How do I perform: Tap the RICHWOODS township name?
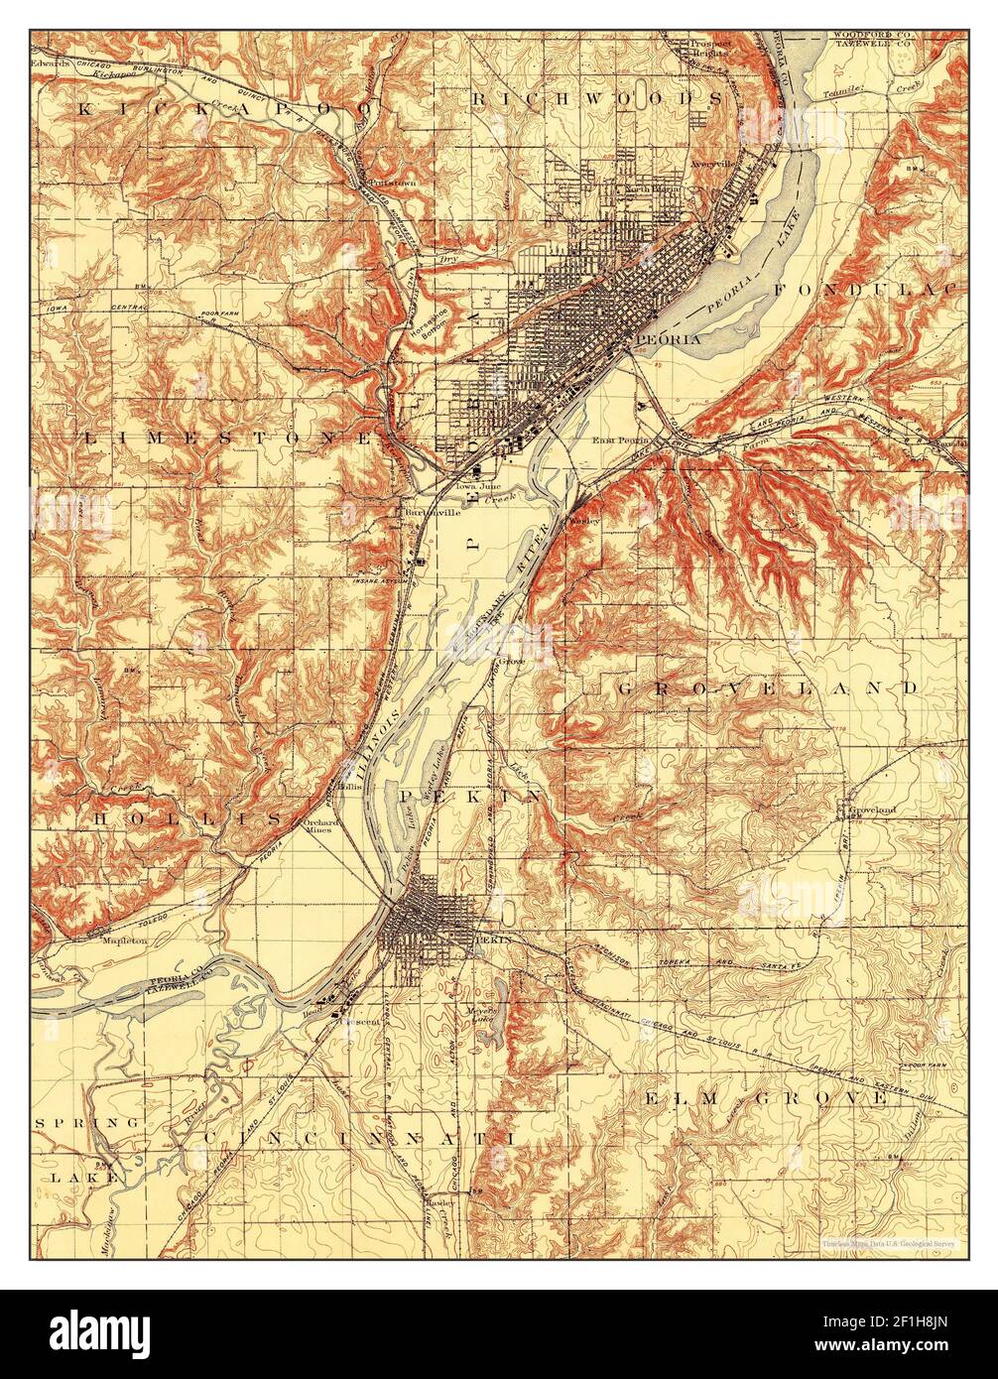coord(596,98)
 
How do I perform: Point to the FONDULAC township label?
coord(863,289)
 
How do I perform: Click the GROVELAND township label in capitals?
coord(768,687)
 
